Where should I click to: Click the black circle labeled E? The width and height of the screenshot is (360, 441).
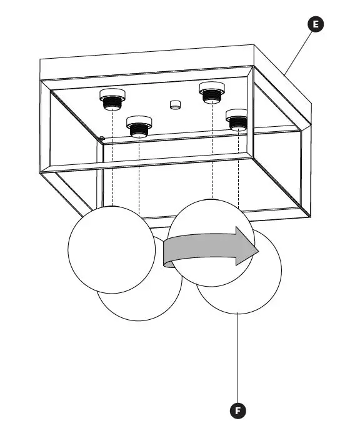316,24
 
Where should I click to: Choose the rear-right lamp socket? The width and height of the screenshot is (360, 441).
211,92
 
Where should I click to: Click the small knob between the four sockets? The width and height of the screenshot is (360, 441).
174,104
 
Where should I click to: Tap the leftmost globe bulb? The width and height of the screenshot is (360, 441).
111,249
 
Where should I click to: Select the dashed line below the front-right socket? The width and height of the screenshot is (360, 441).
239,169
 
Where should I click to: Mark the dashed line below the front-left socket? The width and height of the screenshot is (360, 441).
138,175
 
